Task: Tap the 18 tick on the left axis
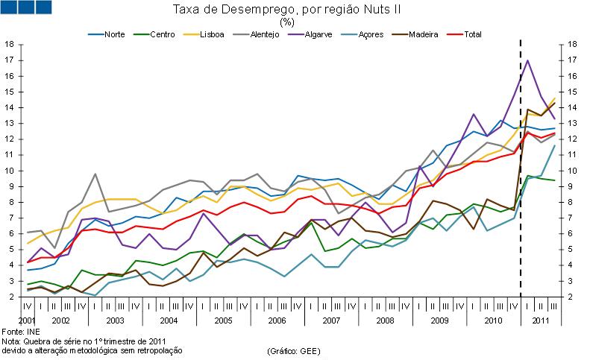[x=10, y=44]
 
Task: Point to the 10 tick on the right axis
[x=574, y=171]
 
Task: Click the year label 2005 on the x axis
[x=223, y=320]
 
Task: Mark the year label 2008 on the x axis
[x=385, y=320]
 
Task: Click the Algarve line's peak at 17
[x=528, y=60]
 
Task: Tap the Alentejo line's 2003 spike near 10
[x=95, y=174]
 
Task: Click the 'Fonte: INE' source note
[x=21, y=330]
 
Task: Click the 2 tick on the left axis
[x=10, y=297]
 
